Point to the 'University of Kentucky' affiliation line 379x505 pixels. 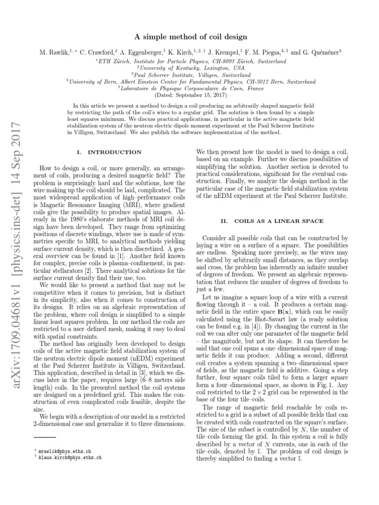point(190,68)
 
